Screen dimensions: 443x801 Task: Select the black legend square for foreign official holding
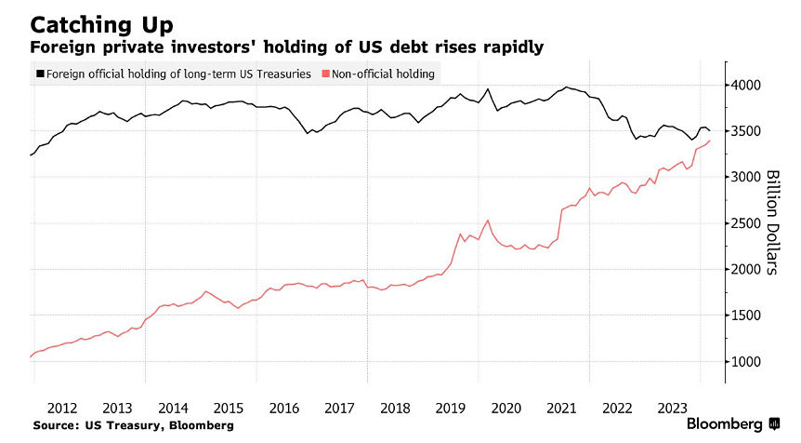(40, 74)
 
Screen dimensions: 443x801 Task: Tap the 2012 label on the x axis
(61, 407)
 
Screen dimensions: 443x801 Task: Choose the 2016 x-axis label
(284, 407)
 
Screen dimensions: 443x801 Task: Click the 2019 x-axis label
(452, 407)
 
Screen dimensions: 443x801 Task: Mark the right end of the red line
(711, 141)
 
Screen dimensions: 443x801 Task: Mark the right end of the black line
(711, 130)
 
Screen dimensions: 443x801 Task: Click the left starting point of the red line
(31, 356)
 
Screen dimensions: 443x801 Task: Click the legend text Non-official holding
(383, 74)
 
